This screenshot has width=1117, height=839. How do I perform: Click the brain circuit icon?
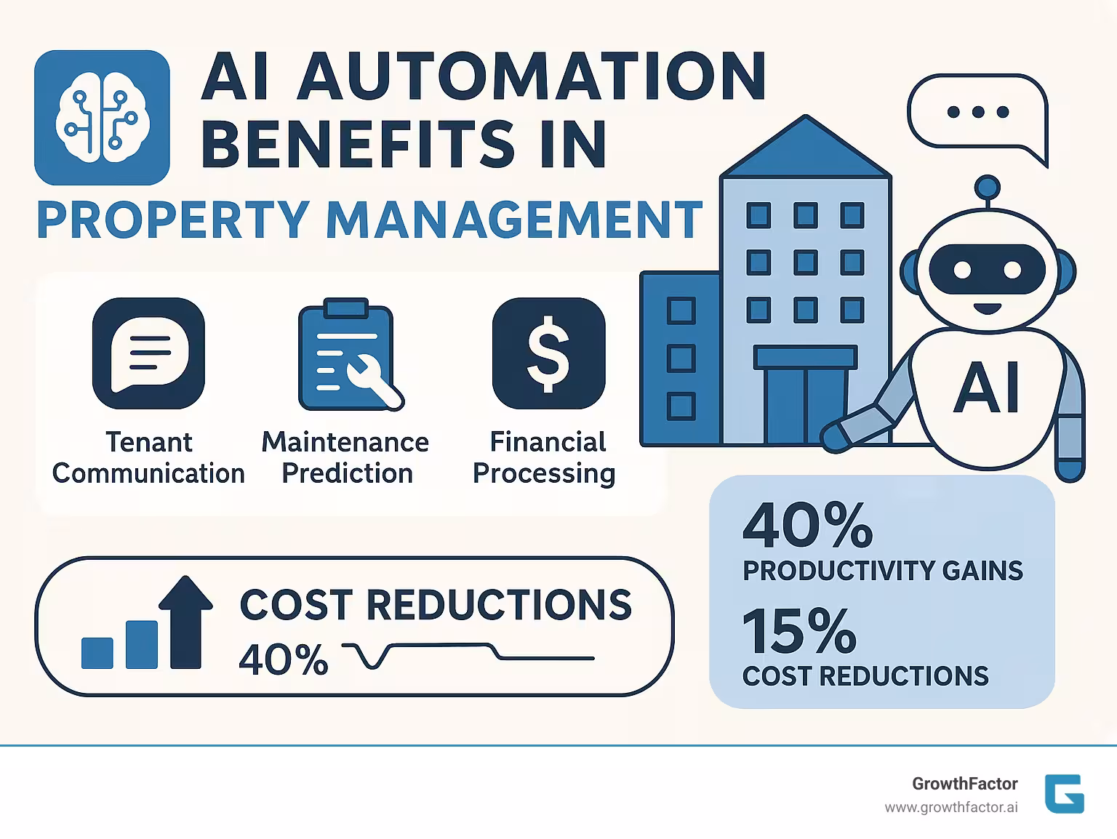102,117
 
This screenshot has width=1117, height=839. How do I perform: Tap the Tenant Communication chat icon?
149,353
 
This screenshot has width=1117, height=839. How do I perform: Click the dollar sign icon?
548,353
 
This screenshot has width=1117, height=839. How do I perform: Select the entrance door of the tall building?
805,404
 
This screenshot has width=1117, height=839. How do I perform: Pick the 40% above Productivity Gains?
807,525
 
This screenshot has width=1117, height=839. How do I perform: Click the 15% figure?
799,632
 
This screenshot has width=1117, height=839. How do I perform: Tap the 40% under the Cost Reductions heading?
284,660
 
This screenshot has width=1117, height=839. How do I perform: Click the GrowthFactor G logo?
1064,793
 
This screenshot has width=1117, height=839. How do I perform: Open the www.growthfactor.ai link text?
951,808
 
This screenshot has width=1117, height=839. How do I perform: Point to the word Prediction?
347,473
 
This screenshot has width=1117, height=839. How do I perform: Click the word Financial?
548,442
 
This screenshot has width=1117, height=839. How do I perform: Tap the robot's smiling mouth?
988,308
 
